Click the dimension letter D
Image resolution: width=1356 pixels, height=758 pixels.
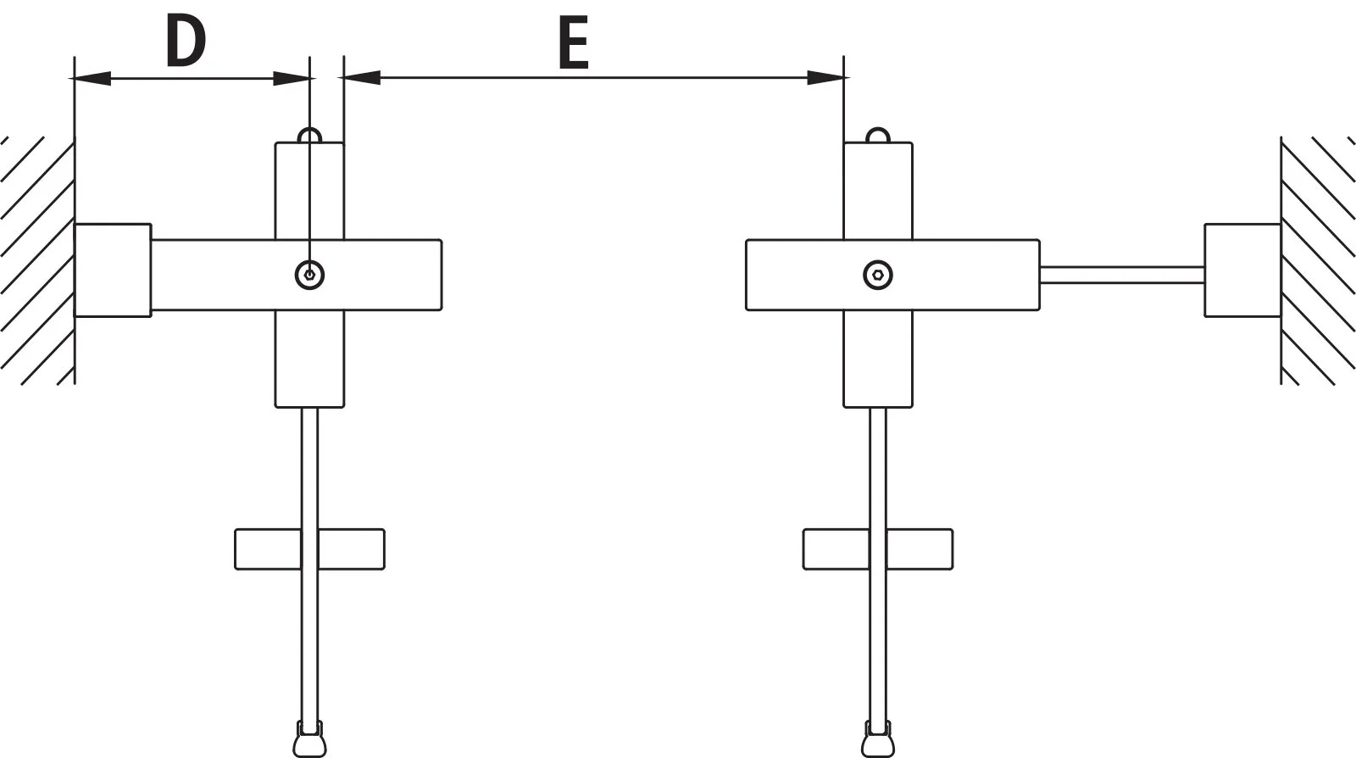pyautogui.click(x=186, y=42)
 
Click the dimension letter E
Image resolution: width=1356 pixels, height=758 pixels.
pyautogui.click(x=573, y=43)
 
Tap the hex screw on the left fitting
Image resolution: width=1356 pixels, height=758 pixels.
pyautogui.click(x=309, y=275)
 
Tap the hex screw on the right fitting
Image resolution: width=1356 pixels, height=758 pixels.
pyautogui.click(x=878, y=275)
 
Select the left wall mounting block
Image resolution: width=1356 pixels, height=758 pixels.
pyautogui.click(x=113, y=270)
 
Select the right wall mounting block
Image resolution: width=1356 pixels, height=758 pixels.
pyautogui.click(x=1242, y=270)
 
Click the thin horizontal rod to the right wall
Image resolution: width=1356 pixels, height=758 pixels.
pyautogui.click(x=1122, y=275)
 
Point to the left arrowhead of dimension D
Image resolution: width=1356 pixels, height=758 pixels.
pyautogui.click(x=92, y=78)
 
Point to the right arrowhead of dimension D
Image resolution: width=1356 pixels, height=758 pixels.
pyautogui.click(x=292, y=78)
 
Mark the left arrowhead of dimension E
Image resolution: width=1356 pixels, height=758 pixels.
pyautogui.click(x=361, y=77)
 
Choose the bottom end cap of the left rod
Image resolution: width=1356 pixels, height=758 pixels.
pyautogui.click(x=309, y=739)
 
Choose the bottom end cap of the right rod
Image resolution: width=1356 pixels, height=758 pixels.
pyautogui.click(x=878, y=739)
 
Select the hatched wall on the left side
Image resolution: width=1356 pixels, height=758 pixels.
pyautogui.click(x=37, y=260)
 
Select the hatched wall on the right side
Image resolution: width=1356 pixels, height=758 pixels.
pyautogui.click(x=1318, y=260)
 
